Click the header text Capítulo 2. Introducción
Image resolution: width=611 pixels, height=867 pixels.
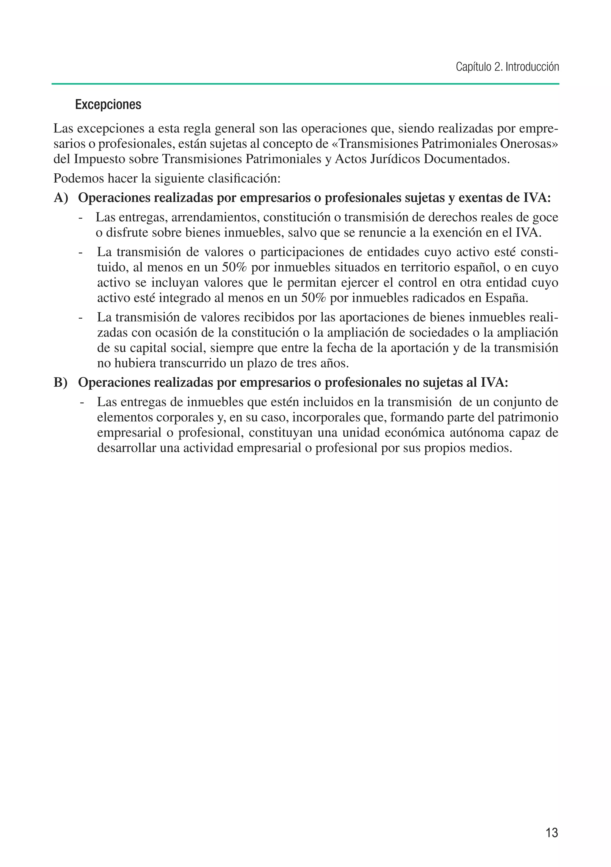tap(507, 67)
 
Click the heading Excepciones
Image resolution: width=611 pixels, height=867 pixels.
tap(108, 105)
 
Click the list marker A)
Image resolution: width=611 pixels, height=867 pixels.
tap(61, 198)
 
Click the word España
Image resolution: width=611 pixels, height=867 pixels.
tap(506, 298)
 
